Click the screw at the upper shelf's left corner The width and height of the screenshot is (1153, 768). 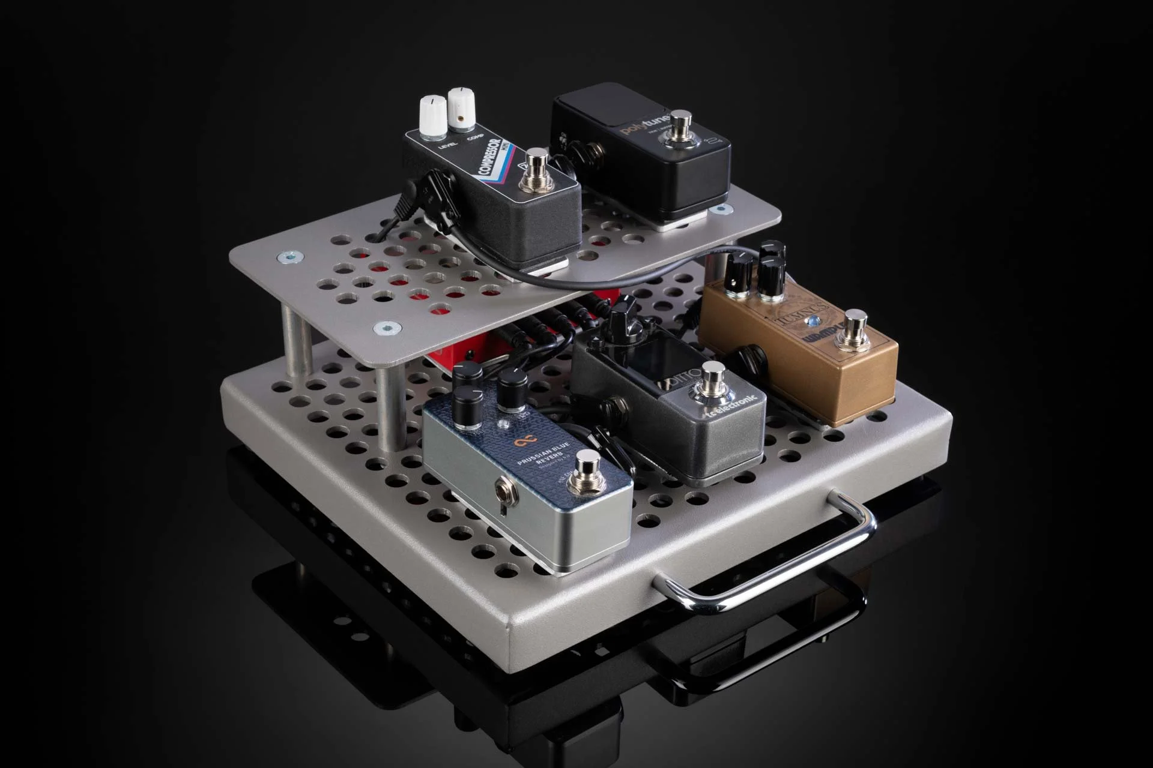click(287, 258)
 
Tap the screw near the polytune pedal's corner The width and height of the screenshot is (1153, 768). click(719, 210)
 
